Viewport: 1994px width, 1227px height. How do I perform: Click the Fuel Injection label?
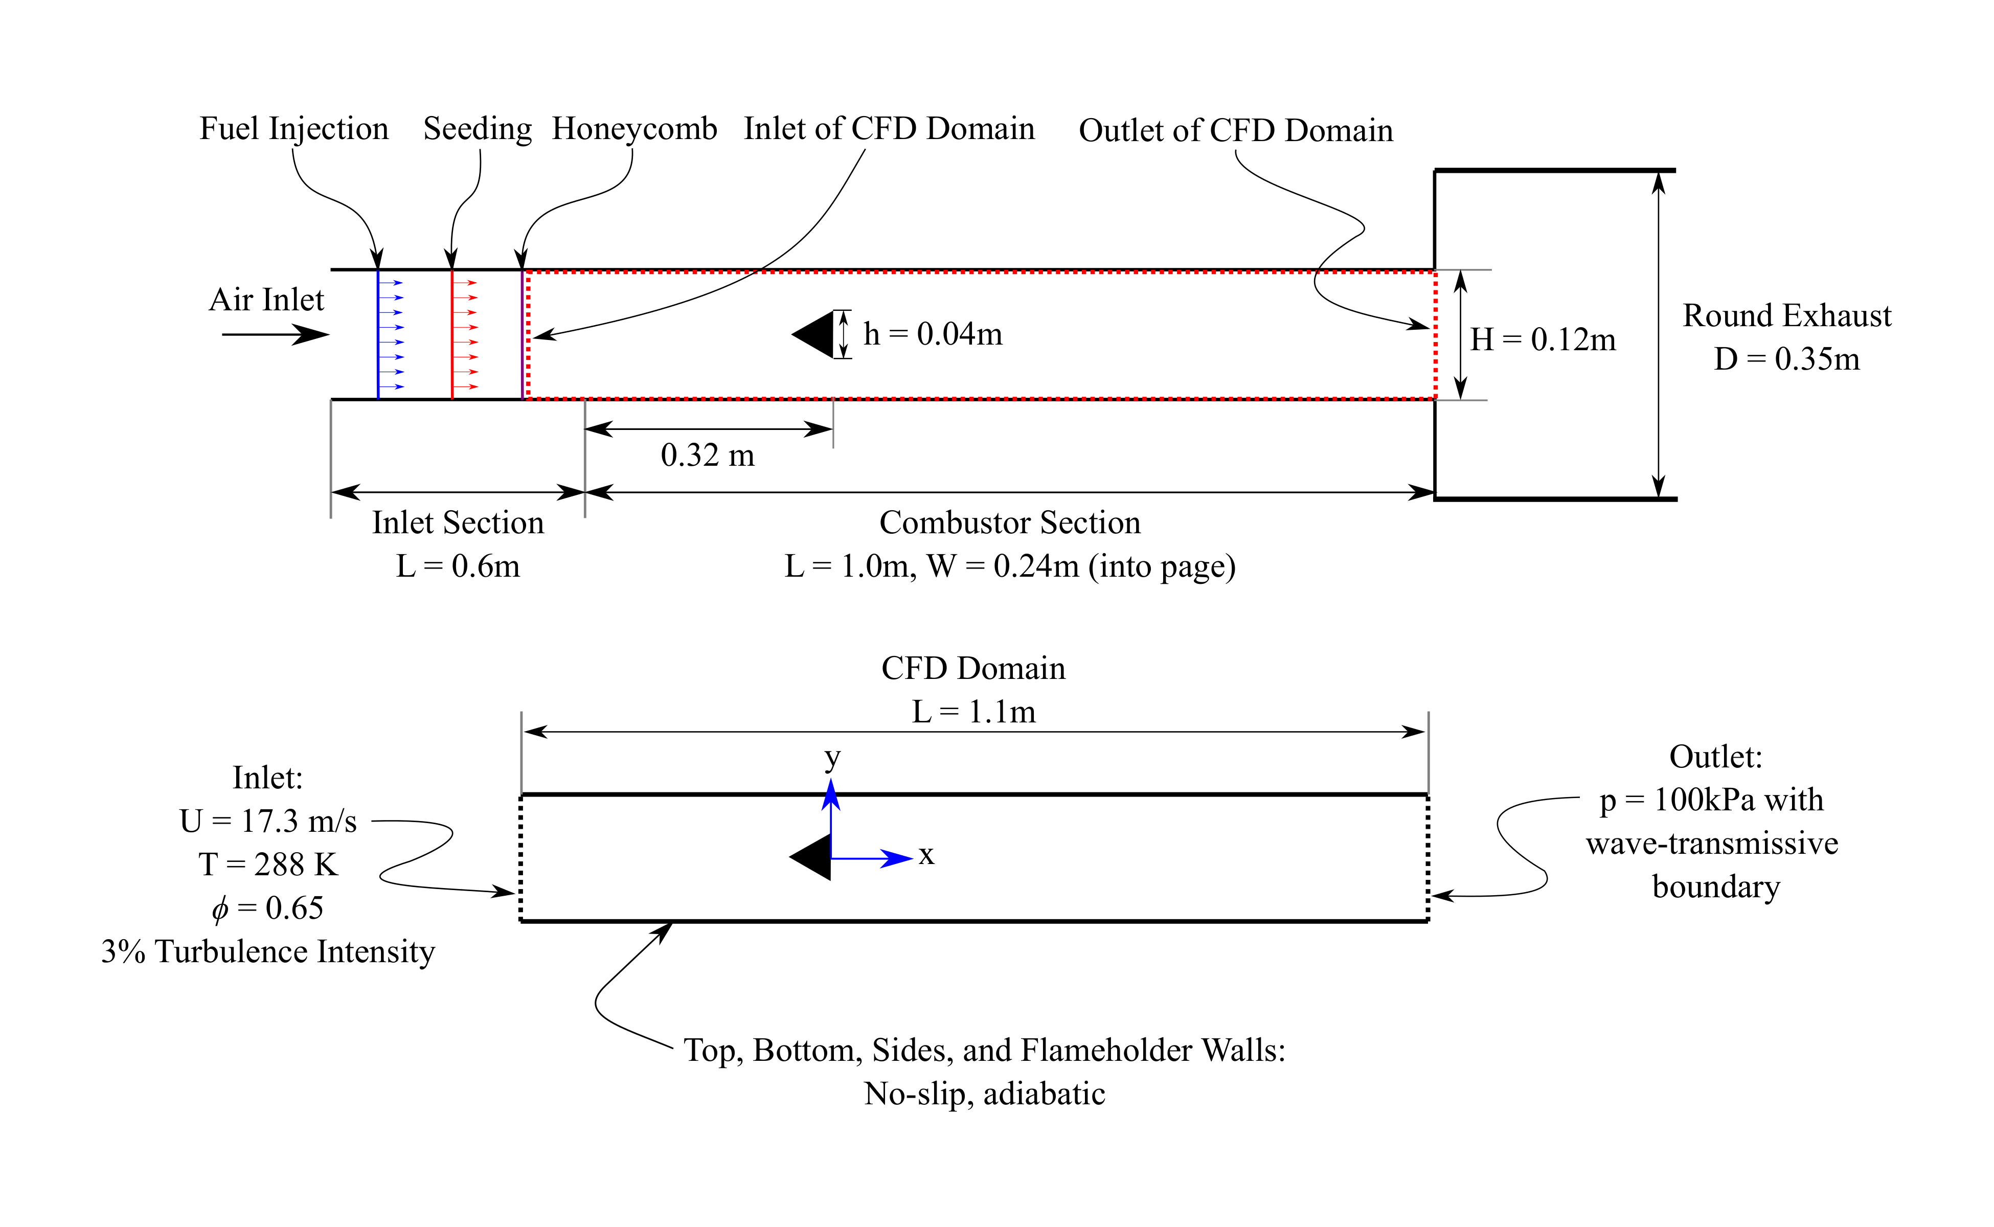click(294, 129)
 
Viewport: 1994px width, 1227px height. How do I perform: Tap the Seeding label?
click(477, 129)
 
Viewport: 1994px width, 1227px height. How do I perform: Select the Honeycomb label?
click(635, 129)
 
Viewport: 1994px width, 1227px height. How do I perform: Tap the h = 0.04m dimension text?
click(933, 334)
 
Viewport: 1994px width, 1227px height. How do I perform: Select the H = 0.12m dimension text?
click(1543, 340)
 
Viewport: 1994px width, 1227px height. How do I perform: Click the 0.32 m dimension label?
click(708, 455)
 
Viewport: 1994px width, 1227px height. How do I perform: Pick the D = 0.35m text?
click(1786, 359)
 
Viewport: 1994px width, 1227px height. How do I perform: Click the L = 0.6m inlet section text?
click(458, 566)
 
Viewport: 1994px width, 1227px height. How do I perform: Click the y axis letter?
click(832, 759)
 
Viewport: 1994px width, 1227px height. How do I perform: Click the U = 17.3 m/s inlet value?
click(268, 821)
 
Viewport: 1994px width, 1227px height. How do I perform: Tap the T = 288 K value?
click(268, 864)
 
